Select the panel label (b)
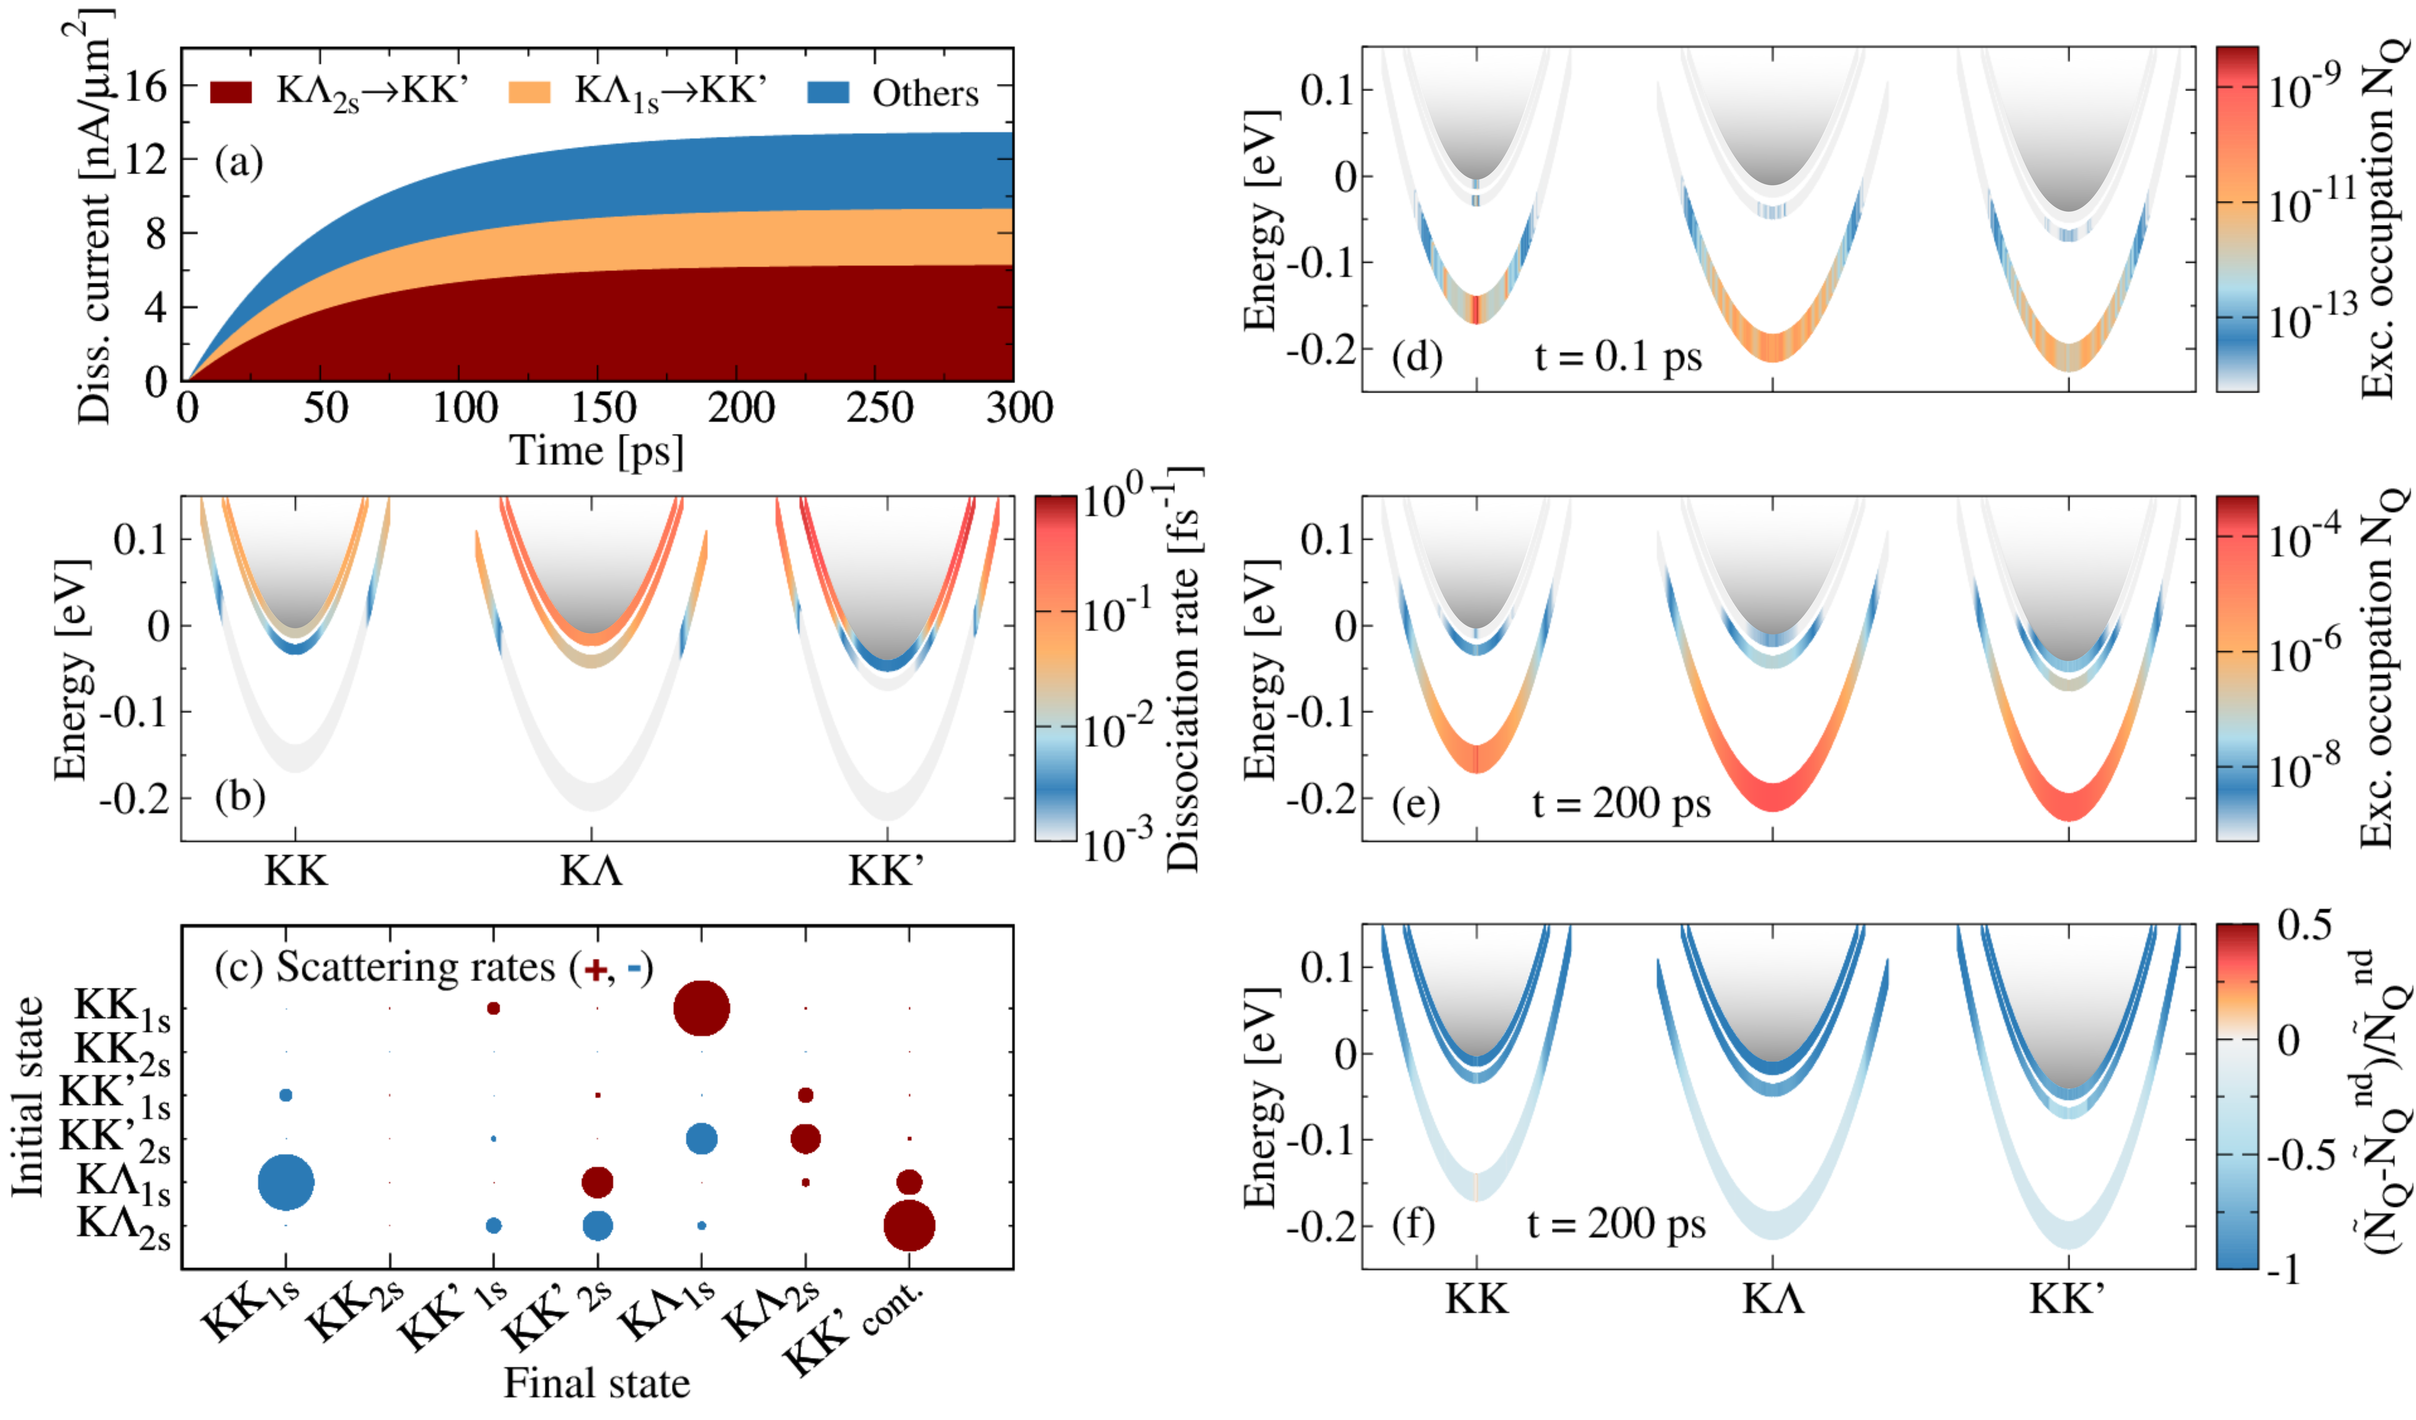(240, 796)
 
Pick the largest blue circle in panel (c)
(286, 1182)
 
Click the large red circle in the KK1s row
(702, 1009)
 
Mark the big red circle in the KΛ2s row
(909, 1225)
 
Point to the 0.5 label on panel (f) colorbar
(2304, 926)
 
